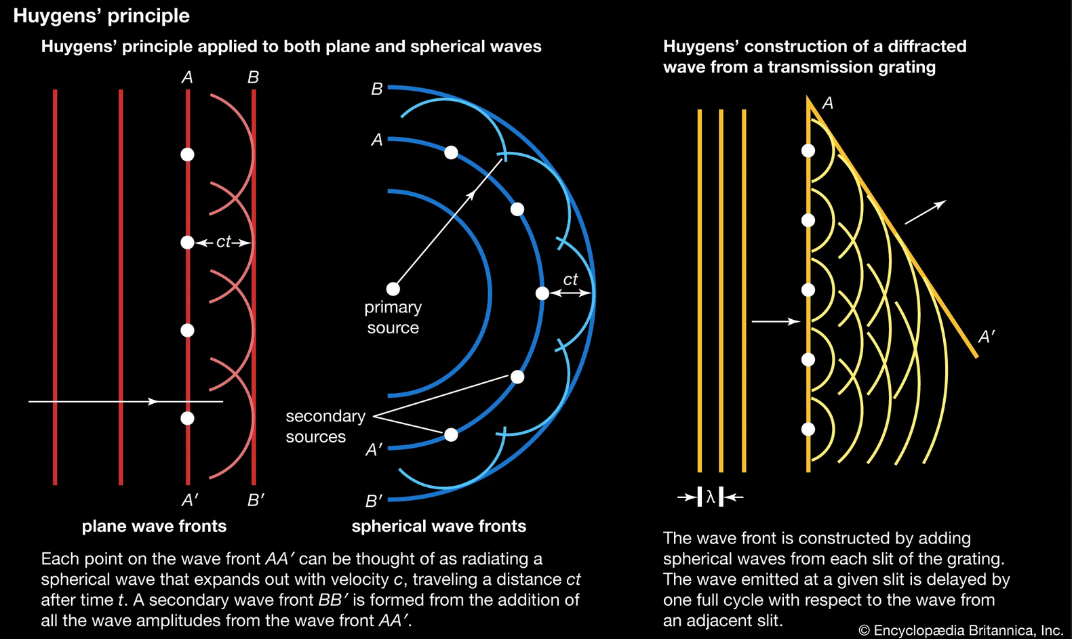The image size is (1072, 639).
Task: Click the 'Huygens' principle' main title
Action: [x=102, y=16]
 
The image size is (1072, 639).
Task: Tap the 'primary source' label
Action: [x=393, y=317]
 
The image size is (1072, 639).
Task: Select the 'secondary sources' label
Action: [x=325, y=426]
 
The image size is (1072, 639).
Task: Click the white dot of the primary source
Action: [x=393, y=289]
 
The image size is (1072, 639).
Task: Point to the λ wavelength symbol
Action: [x=710, y=497]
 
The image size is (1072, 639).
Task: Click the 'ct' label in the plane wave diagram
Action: [x=223, y=242]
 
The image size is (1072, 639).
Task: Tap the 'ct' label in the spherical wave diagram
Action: [x=570, y=279]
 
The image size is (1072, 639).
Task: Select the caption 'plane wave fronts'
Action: [x=154, y=527]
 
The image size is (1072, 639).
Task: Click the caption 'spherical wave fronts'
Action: [x=439, y=527]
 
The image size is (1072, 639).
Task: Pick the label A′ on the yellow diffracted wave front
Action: [x=987, y=337]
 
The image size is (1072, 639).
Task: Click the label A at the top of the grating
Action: [x=827, y=104]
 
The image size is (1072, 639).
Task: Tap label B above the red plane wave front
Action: [x=253, y=78]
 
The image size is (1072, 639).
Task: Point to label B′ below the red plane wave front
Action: [x=256, y=501]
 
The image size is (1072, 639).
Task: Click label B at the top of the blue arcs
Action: [x=377, y=89]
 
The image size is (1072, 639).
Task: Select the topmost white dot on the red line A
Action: [x=188, y=154]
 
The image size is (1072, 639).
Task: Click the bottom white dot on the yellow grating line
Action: [x=808, y=429]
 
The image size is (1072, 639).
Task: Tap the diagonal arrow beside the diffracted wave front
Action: [x=925, y=212]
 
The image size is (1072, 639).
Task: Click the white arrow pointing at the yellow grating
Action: [x=776, y=322]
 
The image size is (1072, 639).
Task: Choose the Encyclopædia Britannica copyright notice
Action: [x=960, y=630]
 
